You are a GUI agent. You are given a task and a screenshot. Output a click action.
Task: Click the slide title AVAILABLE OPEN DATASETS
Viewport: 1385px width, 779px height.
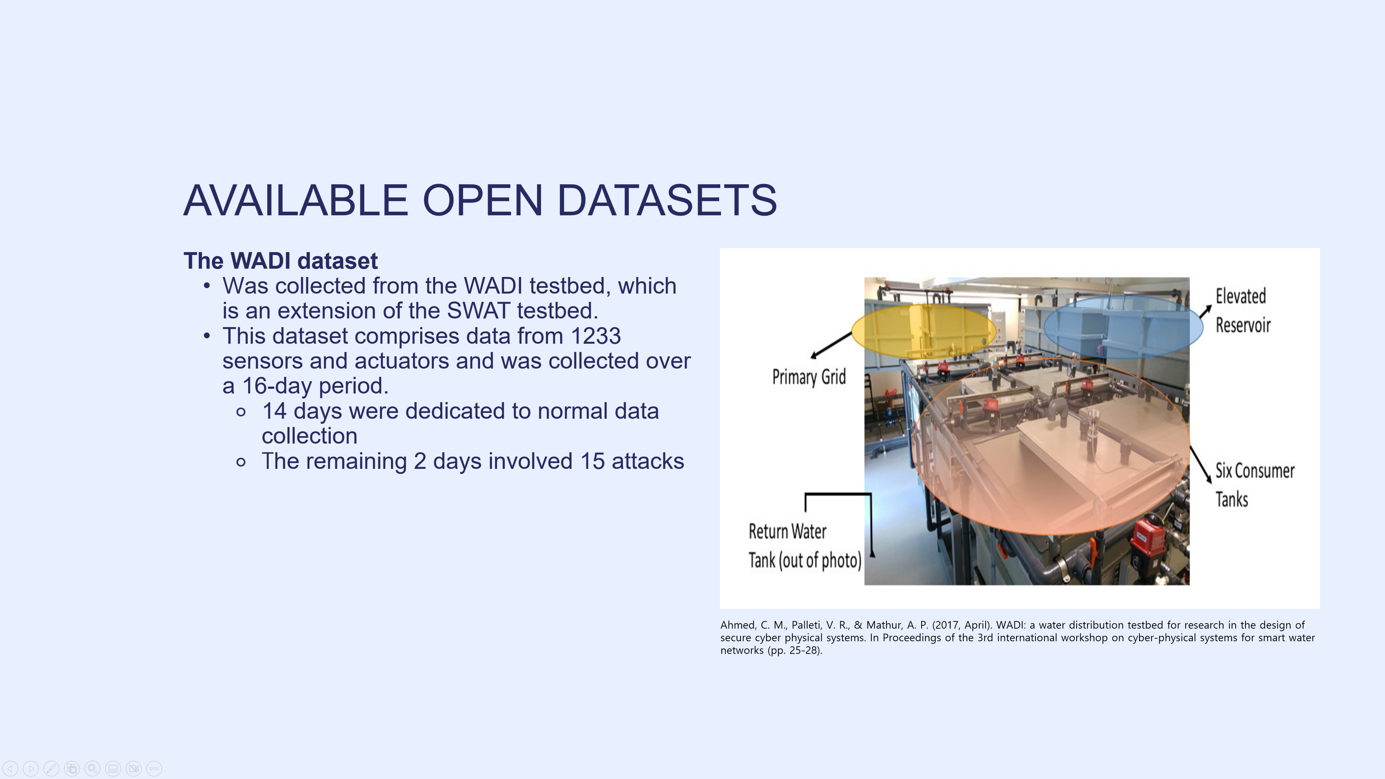(480, 200)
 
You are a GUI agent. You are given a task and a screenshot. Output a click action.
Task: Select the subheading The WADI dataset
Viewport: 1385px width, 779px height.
(281, 261)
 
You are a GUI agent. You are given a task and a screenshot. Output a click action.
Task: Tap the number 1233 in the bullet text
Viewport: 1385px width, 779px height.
(596, 336)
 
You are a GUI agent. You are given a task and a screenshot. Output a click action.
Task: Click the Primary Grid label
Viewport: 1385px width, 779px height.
(809, 377)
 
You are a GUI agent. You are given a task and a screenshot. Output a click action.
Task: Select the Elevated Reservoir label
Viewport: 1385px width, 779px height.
(1243, 311)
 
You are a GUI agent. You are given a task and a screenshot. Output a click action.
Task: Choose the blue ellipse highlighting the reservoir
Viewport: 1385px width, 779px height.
(1123, 327)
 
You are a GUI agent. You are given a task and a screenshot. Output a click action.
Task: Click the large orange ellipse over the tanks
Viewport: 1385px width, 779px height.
(1051, 446)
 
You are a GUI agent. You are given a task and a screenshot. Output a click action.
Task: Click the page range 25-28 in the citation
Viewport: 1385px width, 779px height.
(803, 651)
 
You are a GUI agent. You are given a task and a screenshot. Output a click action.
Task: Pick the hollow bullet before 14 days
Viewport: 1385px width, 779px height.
(241, 412)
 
